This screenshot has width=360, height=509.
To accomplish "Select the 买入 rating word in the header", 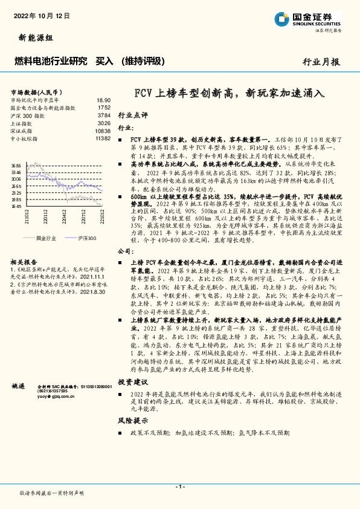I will coord(104,61).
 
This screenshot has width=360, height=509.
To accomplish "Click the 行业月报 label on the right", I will coord(321,62).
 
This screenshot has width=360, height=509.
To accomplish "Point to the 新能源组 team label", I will coord(32,37).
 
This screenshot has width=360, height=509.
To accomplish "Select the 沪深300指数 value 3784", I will coord(104,114).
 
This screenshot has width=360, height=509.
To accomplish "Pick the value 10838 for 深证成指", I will coord(103,131).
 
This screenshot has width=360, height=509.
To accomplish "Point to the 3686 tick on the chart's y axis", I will coord(16,165).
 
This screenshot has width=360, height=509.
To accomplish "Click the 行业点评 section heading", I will coord(132,115).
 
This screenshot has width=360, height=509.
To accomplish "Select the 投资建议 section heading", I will coord(132,382).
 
